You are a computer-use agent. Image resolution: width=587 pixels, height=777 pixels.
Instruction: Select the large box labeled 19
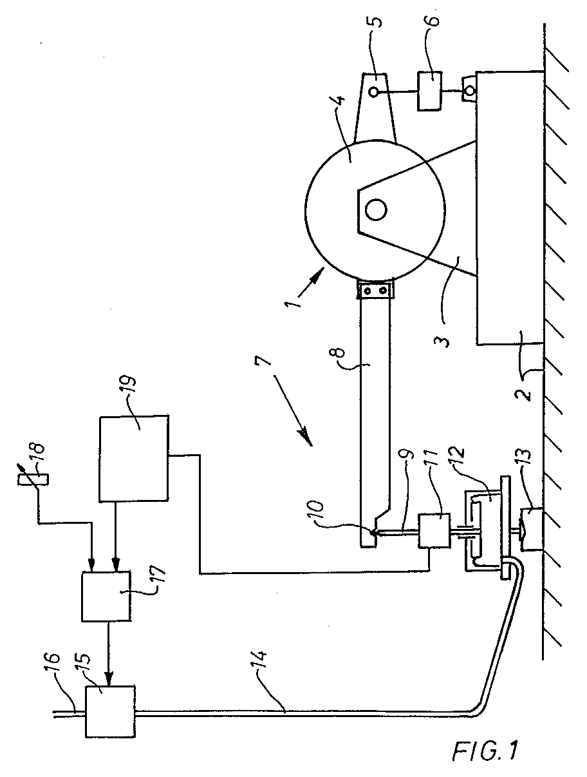tap(134, 459)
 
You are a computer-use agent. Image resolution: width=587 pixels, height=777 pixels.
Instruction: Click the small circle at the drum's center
tap(376, 210)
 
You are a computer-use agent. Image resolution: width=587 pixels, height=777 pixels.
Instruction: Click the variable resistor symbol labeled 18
tap(33, 481)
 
